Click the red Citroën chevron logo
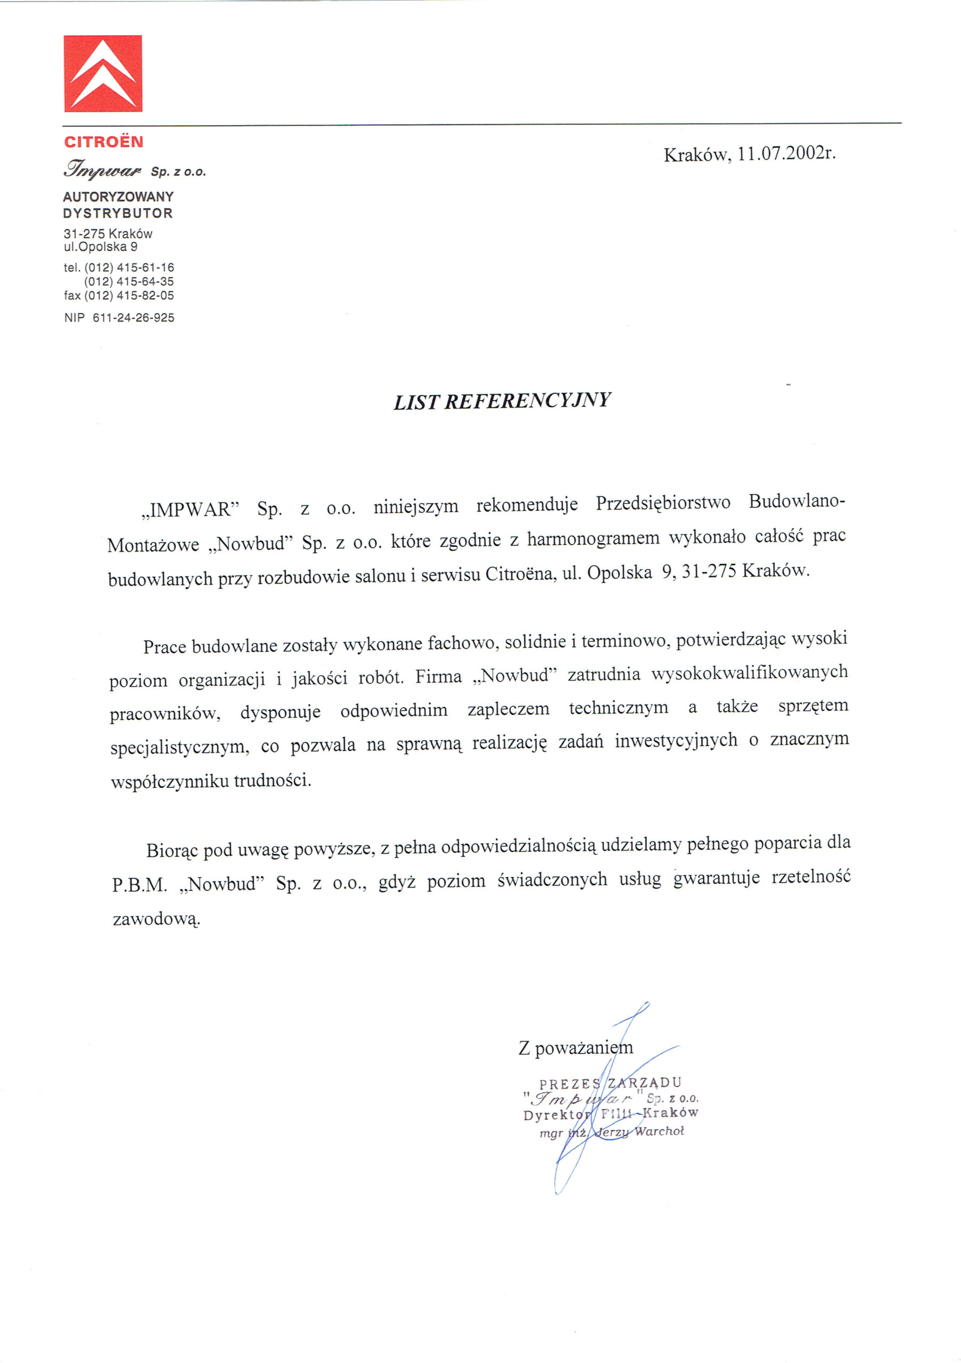[103, 73]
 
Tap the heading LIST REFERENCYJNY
[502, 401]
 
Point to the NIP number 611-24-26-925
[134, 318]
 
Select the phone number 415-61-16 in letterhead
[146, 268]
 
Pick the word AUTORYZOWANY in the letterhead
[118, 196]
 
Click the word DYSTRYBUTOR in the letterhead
[118, 213]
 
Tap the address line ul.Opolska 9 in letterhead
[101, 247]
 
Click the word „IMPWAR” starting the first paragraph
[191, 510]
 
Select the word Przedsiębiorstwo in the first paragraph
[663, 504]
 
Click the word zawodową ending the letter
[157, 920]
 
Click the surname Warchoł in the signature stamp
[659, 1131]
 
